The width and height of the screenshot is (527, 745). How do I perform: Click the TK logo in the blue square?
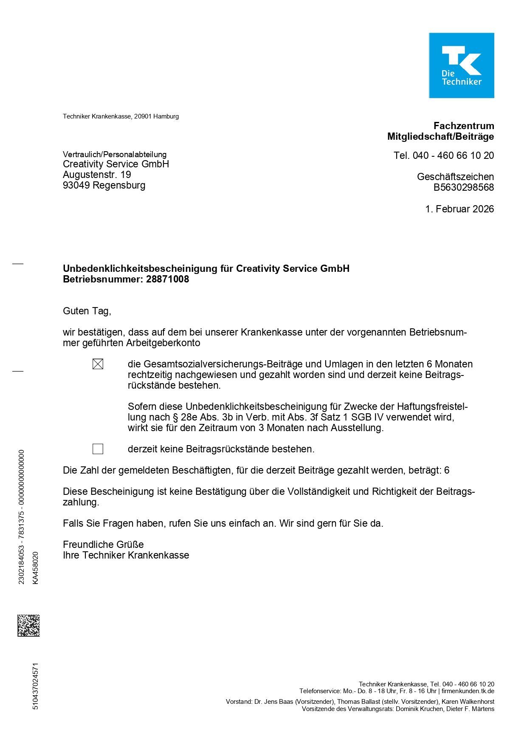[x=461, y=65]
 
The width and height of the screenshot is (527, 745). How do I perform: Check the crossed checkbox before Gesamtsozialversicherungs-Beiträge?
[x=98, y=364]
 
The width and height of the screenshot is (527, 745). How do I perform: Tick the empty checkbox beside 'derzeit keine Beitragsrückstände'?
[x=98, y=449]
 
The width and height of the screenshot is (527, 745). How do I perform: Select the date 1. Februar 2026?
[x=459, y=209]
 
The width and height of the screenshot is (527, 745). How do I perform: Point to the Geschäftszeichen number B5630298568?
[x=463, y=187]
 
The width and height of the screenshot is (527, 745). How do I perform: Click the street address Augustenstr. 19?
[x=97, y=175]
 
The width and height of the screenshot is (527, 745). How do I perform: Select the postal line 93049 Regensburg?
[x=104, y=185]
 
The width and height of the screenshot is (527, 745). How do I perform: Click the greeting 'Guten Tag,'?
[x=87, y=311]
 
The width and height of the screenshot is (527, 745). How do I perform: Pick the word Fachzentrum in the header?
[x=464, y=126]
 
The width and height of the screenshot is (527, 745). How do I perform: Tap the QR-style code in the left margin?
[x=28, y=625]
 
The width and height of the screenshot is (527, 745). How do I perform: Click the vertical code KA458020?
[x=36, y=568]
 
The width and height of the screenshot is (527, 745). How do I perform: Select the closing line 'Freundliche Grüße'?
[x=103, y=545]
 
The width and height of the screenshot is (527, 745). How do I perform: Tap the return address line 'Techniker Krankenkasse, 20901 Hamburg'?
[x=121, y=116]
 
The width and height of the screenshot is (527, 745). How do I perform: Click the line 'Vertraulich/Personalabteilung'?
[x=115, y=154]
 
